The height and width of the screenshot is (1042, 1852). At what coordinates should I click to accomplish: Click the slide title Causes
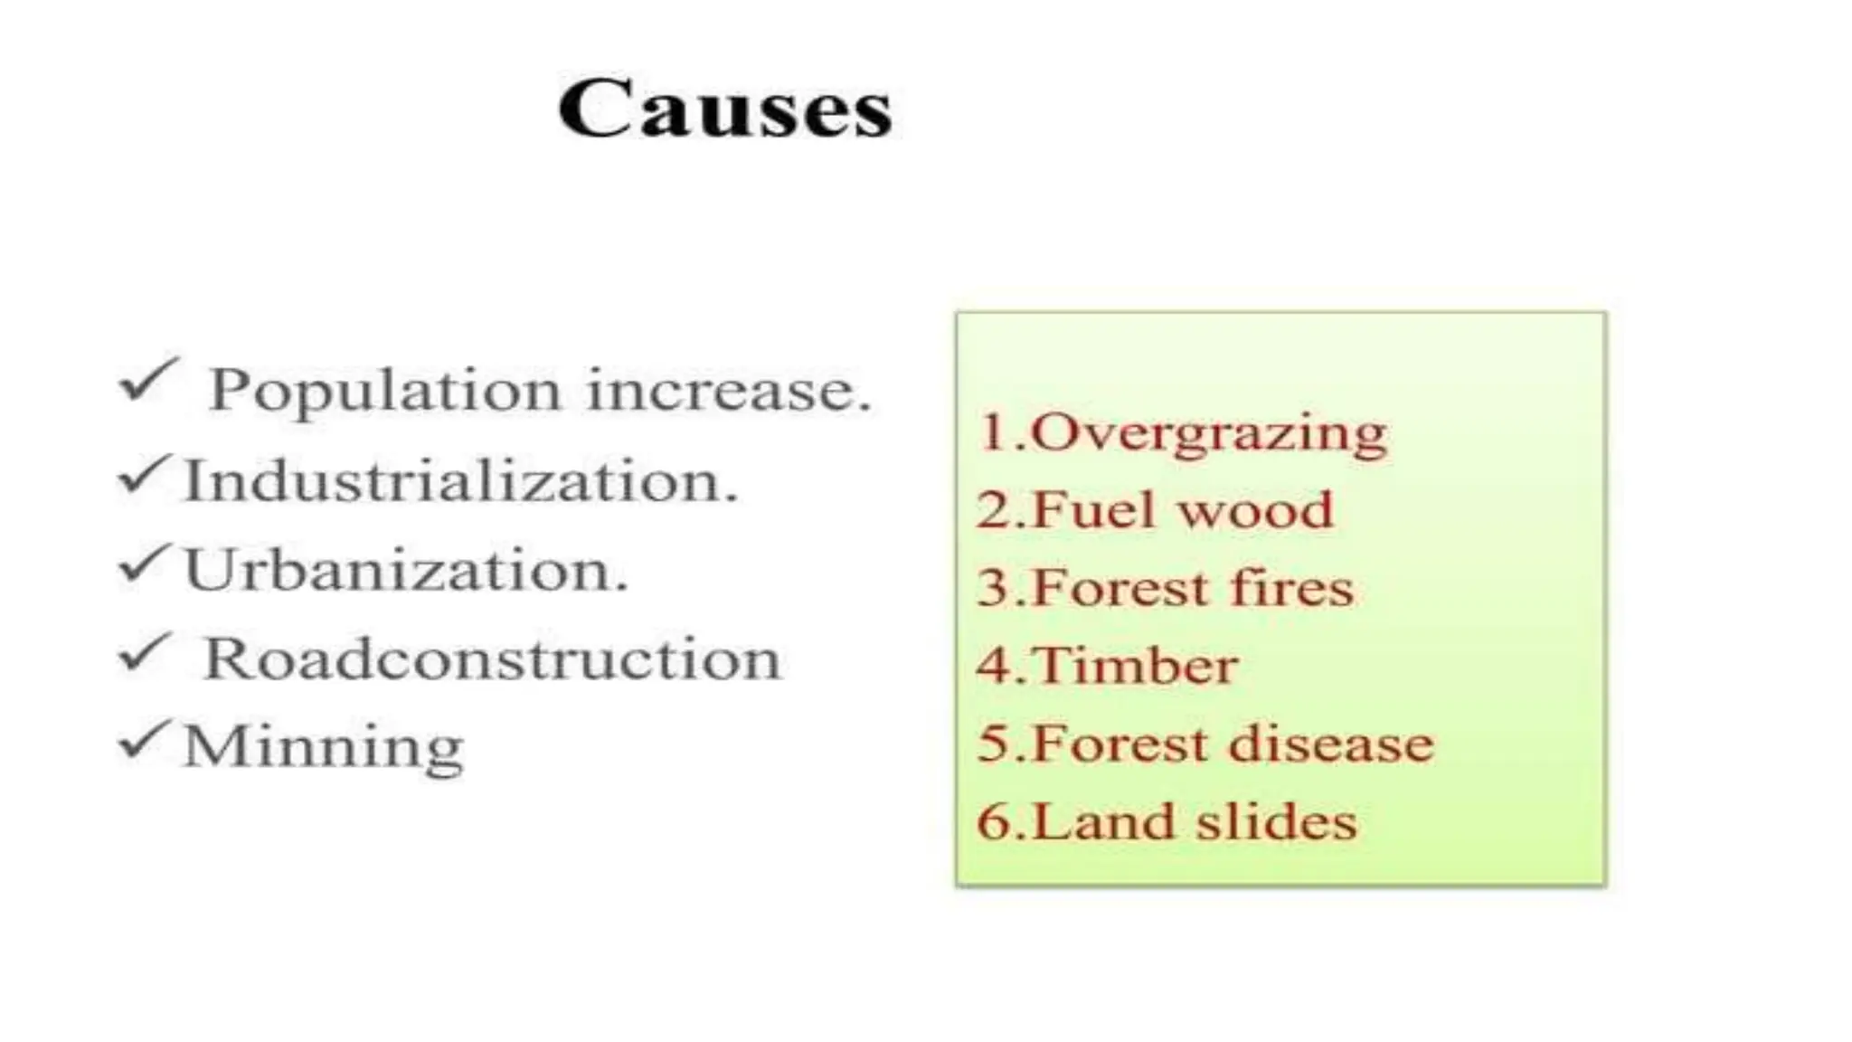(725, 109)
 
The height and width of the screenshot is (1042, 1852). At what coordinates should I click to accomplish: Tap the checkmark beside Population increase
(147, 380)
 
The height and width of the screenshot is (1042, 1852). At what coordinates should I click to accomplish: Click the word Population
(384, 392)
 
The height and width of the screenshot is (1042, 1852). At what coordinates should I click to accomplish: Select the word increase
(729, 391)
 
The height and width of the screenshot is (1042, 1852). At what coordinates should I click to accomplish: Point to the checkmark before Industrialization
(143, 475)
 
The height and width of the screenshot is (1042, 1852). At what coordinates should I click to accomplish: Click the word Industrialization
(460, 480)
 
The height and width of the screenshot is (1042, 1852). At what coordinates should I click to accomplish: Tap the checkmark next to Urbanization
(143, 564)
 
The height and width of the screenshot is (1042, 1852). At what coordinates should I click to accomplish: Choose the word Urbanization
(405, 570)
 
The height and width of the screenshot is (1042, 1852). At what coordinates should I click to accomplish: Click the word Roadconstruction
(492, 658)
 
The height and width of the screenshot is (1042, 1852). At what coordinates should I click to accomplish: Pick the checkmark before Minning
(143, 741)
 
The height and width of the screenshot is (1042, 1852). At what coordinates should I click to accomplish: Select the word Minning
(323, 747)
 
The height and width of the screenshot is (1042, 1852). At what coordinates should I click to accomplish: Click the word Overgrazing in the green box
(1208, 433)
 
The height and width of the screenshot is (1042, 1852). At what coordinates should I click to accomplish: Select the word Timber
(1134, 666)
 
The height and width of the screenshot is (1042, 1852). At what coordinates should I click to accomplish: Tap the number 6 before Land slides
(994, 822)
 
